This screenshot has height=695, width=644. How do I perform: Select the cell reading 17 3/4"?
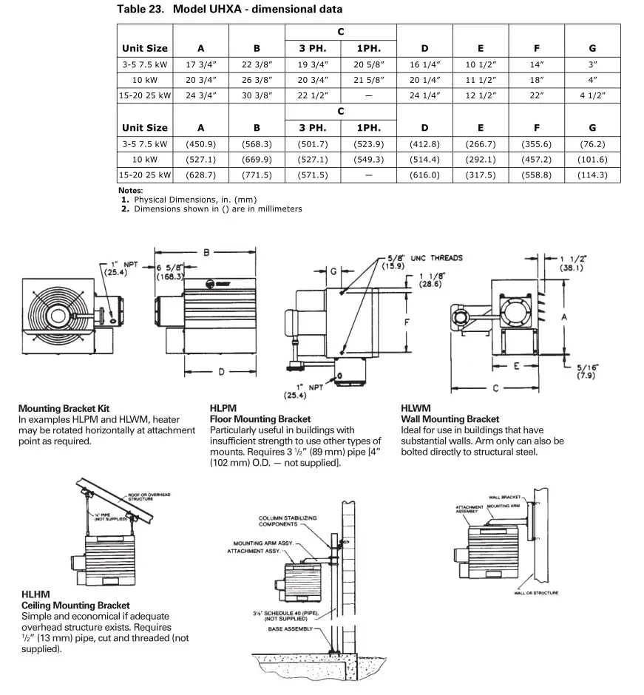pos(200,64)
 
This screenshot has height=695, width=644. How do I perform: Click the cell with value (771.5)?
pos(257,174)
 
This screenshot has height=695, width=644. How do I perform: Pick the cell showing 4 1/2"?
pos(592,95)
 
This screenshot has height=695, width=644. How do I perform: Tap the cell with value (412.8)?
pos(424,143)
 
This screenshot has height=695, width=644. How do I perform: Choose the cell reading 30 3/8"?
pos(257,95)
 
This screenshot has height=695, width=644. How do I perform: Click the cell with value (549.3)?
pos(368,159)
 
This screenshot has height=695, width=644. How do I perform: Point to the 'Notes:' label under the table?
pos(130,190)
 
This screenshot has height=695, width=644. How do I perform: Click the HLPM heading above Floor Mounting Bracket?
pos(223,408)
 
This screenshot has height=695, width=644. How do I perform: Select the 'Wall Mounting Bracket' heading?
pos(450,419)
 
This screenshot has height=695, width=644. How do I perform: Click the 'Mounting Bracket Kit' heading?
pos(64,408)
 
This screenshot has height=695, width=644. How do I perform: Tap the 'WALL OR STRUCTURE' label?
pos(536,593)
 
